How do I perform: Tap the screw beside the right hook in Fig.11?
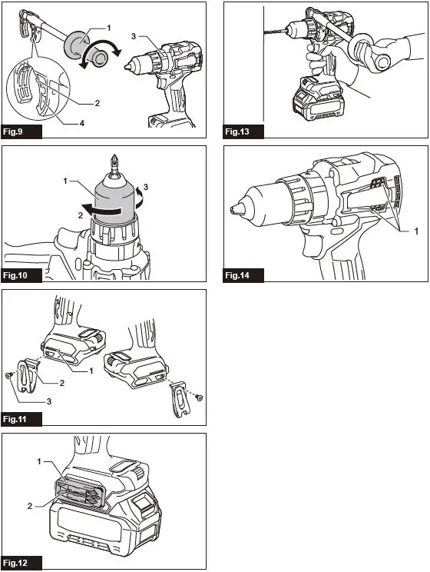[198, 397]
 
